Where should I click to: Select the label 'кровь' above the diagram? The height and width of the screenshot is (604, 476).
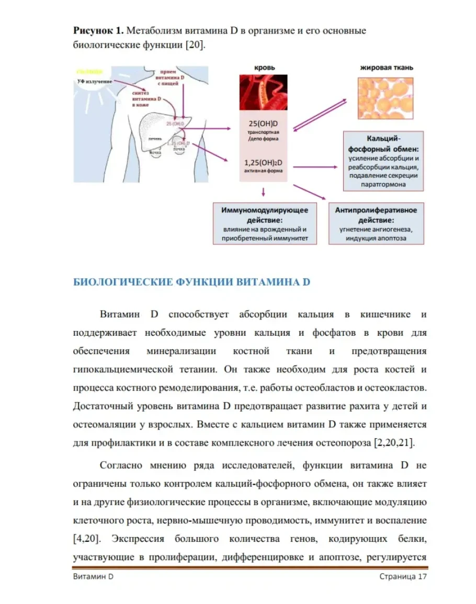264,67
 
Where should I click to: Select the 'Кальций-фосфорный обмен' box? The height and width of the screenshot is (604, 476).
383,161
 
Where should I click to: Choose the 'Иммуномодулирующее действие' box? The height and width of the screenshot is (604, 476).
264,224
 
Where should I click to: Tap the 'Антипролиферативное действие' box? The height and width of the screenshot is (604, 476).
376,224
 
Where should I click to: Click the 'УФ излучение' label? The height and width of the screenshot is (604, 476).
94,82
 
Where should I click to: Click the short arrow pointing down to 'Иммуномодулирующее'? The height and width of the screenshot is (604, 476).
263,193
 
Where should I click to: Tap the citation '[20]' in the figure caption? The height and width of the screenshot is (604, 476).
192,45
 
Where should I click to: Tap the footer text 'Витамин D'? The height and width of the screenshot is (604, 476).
93,576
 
